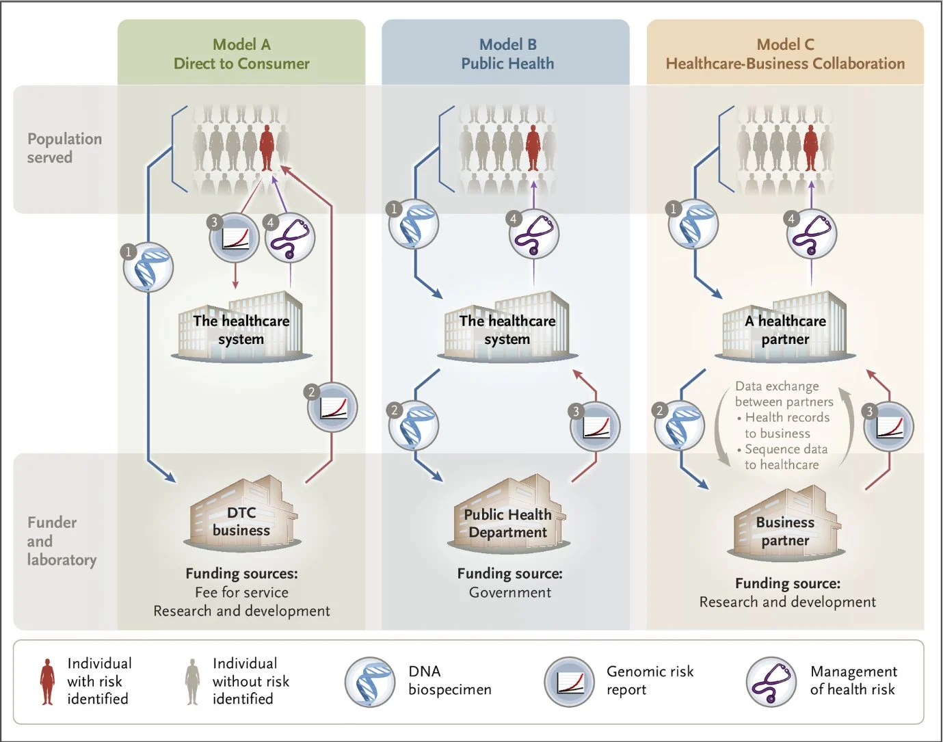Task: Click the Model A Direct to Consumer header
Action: pyautogui.click(x=241, y=54)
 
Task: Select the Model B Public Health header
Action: pyautogui.click(x=507, y=54)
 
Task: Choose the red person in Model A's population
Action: pyautogui.click(x=267, y=147)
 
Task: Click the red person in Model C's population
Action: pyautogui.click(x=810, y=147)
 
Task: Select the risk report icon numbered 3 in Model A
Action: pyautogui.click(x=234, y=238)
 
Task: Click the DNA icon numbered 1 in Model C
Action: pyautogui.click(x=693, y=224)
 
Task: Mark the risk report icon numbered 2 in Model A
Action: pyautogui.click(x=332, y=408)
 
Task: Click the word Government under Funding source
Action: pyautogui.click(x=510, y=592)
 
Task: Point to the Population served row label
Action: pyautogui.click(x=64, y=148)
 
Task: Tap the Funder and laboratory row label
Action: pyautogui.click(x=62, y=541)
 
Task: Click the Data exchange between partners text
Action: pyautogui.click(x=784, y=394)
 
